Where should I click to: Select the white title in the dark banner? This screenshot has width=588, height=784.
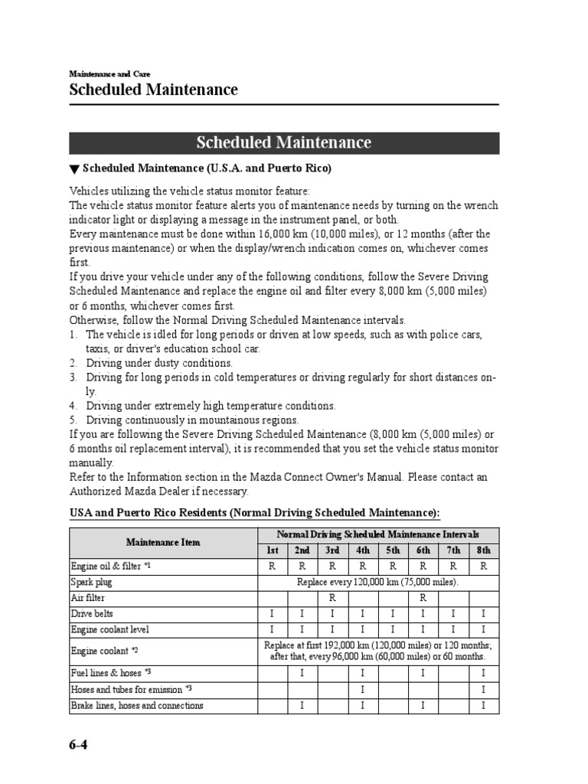click(x=284, y=143)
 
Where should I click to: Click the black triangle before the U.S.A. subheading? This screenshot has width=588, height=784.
click(x=74, y=168)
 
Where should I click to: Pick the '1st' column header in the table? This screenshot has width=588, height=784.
click(x=272, y=550)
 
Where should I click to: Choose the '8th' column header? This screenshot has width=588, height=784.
click(x=483, y=550)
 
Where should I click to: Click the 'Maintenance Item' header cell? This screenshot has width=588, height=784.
click(x=163, y=543)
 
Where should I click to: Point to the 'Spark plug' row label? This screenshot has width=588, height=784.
click(x=91, y=582)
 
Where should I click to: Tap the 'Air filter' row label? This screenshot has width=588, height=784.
click(x=88, y=598)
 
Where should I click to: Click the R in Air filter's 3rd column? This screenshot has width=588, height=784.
click(x=333, y=598)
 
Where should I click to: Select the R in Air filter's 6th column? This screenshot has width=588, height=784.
click(x=423, y=598)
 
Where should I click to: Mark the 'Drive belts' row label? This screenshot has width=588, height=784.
click(x=93, y=614)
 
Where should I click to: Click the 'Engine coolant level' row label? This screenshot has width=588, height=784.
click(x=110, y=629)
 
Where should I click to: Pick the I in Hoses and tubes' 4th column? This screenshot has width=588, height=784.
click(x=363, y=690)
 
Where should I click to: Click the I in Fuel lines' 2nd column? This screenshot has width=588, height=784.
click(x=302, y=673)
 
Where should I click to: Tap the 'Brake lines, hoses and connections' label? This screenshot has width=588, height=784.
click(x=137, y=705)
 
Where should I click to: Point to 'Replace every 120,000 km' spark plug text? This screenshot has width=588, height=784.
click(x=377, y=583)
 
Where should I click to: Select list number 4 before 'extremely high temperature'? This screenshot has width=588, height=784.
click(x=73, y=406)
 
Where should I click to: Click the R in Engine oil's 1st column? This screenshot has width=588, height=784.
click(x=272, y=567)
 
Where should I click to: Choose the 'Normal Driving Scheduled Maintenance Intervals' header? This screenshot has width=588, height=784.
click(x=377, y=534)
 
